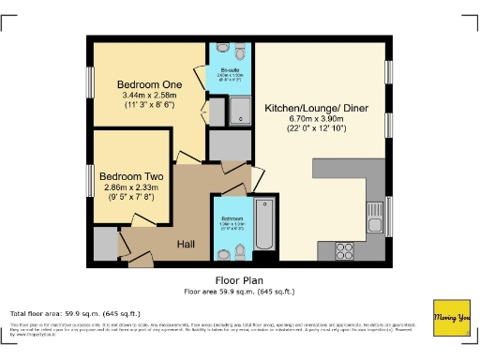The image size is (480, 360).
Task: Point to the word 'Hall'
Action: pyautogui.click(x=187, y=244)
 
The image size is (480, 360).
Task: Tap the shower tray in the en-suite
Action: pyautogui.click(x=239, y=112)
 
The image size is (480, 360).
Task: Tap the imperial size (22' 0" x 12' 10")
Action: pyautogui.click(x=317, y=128)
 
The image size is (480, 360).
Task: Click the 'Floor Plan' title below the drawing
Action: pyautogui.click(x=240, y=279)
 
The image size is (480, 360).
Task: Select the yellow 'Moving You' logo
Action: pyautogui.click(x=450, y=318)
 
